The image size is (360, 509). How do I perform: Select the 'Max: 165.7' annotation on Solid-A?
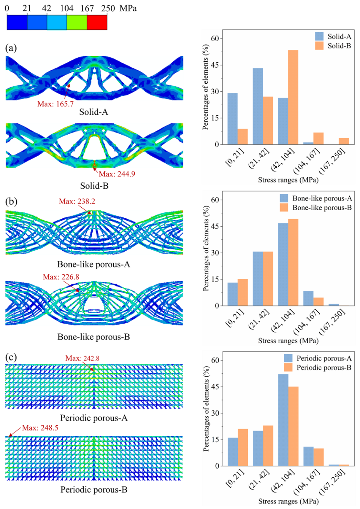(x=55, y=104)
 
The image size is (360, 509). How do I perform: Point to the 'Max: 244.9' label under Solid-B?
(x=117, y=174)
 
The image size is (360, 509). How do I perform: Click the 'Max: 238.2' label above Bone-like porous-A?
(x=77, y=202)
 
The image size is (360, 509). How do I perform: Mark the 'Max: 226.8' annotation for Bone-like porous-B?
(x=61, y=277)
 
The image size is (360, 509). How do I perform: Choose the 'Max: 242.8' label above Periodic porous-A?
(x=82, y=358)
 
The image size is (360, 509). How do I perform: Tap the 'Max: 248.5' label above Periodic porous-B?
(x=40, y=428)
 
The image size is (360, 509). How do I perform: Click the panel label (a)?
(x=11, y=48)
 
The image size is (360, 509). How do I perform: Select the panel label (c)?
(x=11, y=357)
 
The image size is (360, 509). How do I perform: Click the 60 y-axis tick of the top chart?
(x=215, y=39)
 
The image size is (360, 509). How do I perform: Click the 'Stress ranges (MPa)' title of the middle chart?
(x=288, y=341)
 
